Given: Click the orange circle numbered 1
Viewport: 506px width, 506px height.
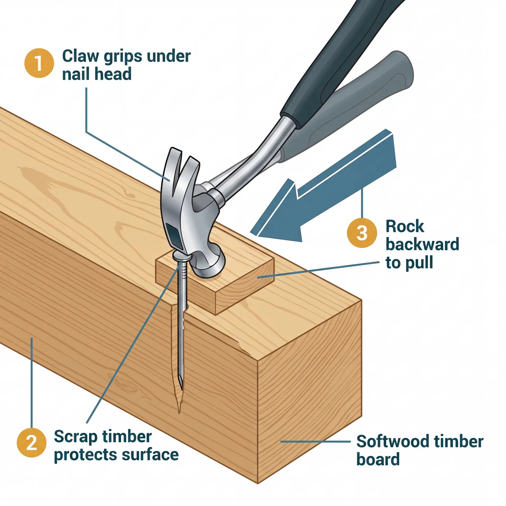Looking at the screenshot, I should [39, 63].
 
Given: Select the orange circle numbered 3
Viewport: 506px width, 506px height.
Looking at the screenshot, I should [362, 233].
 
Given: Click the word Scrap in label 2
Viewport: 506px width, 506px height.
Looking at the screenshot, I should [75, 437].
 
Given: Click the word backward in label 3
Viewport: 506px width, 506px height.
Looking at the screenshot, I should [422, 244].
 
